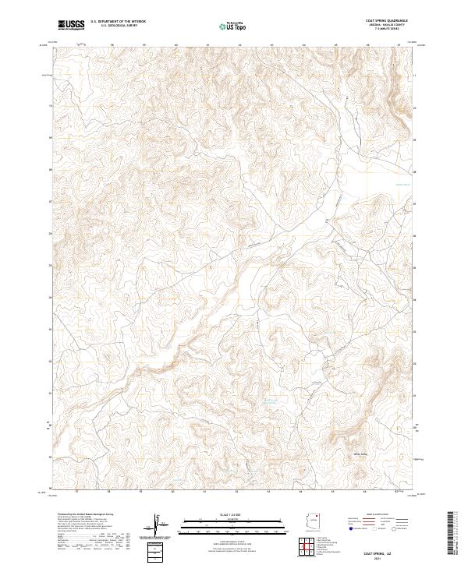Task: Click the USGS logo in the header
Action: click(71, 25)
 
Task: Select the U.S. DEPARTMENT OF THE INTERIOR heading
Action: click(118, 22)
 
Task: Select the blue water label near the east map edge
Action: click(401, 184)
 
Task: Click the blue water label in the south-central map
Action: click(269, 401)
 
